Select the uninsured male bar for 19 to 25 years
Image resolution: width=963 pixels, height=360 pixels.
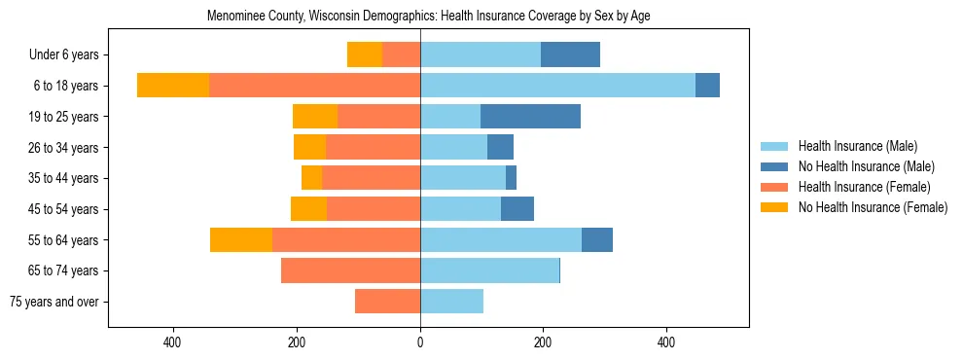530,117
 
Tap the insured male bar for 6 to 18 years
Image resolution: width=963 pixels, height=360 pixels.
557,86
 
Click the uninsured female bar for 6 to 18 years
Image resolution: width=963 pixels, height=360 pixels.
173,86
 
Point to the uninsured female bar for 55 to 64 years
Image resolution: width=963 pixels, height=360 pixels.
241,239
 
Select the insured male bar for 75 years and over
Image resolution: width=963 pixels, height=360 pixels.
451,302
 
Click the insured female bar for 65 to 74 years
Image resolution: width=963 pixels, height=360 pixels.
350,270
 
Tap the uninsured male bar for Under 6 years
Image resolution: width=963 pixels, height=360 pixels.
570,54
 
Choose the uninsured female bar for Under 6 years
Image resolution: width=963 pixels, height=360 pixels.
365,54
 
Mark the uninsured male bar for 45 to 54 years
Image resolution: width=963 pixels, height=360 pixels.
517,209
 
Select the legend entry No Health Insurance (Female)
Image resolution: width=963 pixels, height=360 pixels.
872,207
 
